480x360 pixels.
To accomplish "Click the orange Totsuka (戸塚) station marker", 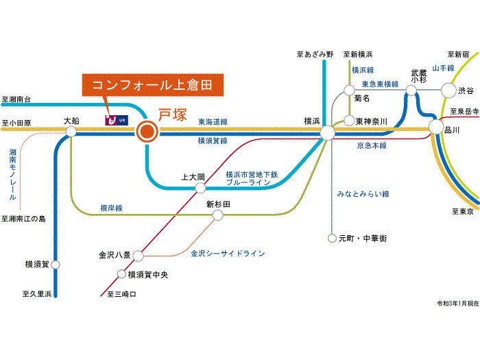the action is click(x=147, y=132).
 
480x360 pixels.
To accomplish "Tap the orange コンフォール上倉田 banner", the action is click(x=153, y=85).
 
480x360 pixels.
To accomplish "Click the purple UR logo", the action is click(x=117, y=120).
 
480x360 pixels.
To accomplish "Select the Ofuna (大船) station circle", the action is click(x=71, y=132).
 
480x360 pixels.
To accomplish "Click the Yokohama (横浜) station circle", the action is click(x=328, y=132).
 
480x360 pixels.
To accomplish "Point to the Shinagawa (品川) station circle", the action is click(x=436, y=127).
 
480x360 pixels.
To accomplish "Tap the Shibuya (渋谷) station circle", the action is click(x=448, y=91).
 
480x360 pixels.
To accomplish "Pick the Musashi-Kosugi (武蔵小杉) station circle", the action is click(x=411, y=91).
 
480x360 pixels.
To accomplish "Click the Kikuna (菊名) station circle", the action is click(x=349, y=91).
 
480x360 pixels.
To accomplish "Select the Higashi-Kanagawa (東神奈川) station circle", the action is click(x=349, y=121).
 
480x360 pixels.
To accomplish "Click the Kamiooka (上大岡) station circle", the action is click(x=200, y=188).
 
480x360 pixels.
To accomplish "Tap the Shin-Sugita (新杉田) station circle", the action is click(x=217, y=215).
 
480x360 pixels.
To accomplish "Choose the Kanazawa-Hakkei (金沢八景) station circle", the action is click(x=138, y=256).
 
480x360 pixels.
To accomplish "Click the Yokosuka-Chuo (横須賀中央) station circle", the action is click(x=121, y=274).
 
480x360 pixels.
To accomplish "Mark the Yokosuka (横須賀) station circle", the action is click(x=56, y=265).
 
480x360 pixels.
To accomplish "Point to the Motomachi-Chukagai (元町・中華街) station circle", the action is click(x=332, y=238).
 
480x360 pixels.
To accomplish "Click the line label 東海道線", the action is click(x=213, y=122).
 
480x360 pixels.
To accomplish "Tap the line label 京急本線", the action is click(x=372, y=145).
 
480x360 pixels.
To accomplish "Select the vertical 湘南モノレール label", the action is click(x=12, y=174).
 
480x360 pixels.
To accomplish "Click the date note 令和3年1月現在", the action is click(x=457, y=303).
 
